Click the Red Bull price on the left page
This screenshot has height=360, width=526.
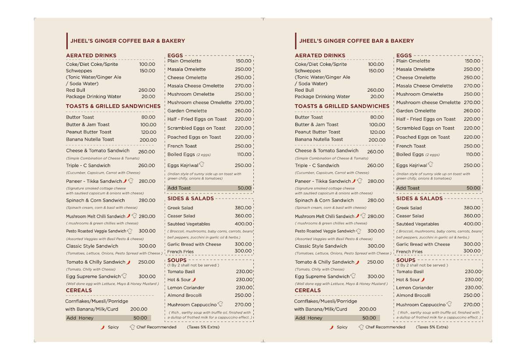coord(147,90)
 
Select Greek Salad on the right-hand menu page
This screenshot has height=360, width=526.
coord(409,208)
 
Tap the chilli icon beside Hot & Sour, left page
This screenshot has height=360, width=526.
coord(194,279)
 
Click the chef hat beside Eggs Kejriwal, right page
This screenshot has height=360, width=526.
coord(430,164)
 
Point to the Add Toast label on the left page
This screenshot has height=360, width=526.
coord(179,188)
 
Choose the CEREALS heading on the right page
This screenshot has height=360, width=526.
coord(308,290)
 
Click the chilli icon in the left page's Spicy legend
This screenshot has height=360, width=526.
coord(103,327)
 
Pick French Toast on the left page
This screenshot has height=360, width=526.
coord(182,146)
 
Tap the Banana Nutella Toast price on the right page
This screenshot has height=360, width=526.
coord(377,140)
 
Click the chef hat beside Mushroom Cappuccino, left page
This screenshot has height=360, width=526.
coord(220,304)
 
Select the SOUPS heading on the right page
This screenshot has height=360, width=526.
coord(406,260)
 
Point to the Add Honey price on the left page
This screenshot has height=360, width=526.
coord(140,318)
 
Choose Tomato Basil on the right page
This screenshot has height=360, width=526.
coord(410,271)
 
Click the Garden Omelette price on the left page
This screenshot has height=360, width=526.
coord(243,111)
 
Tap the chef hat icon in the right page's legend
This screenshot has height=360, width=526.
coord(361,327)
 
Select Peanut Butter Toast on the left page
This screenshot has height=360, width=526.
coord(89,132)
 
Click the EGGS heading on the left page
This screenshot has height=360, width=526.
coord(175,56)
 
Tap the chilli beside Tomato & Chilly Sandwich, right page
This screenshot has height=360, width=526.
coord(357,262)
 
